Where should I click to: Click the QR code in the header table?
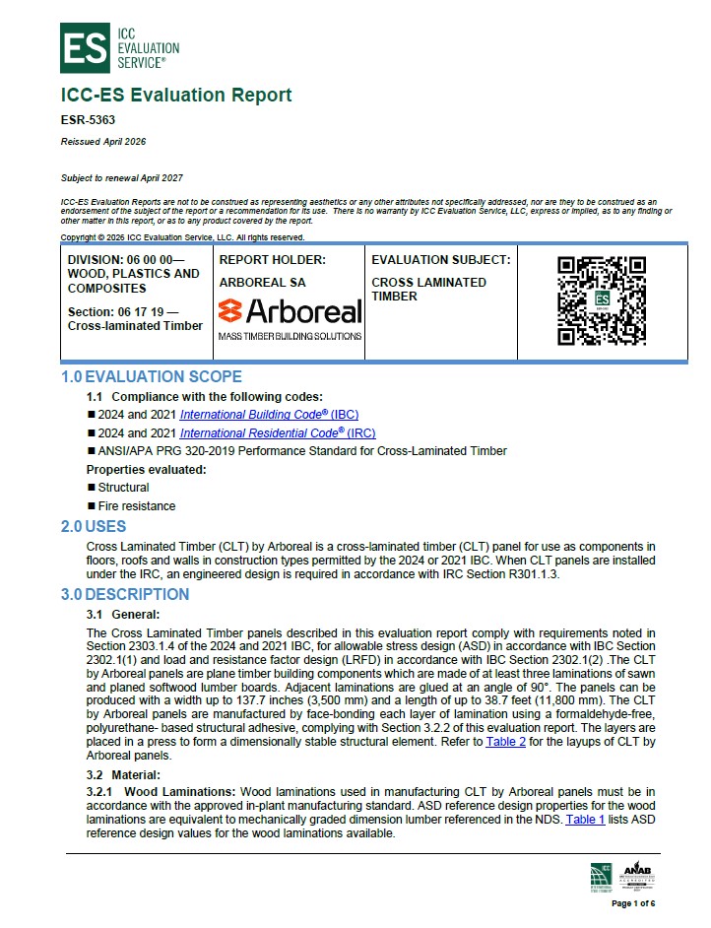[601, 299]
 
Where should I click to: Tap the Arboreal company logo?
[290, 312]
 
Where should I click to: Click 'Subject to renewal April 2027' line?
[122, 177]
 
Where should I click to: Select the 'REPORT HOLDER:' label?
[272, 260]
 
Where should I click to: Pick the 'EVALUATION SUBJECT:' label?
[440, 260]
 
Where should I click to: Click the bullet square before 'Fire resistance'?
[91, 506]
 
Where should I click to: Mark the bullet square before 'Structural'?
[91, 488]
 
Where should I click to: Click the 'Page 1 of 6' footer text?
[633, 903]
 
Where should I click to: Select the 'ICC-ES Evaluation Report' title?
[176, 96]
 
